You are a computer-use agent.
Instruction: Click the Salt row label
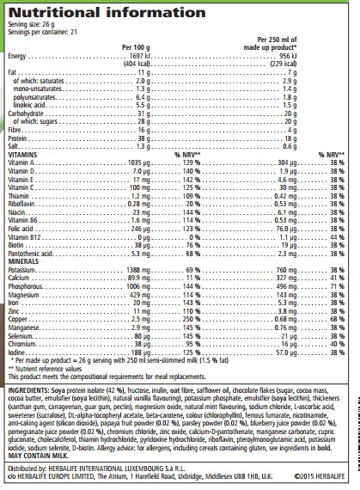14,145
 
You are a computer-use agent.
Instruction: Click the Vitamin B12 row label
26,236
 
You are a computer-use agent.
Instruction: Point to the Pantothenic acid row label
32,253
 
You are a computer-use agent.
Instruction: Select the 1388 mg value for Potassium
139,270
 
